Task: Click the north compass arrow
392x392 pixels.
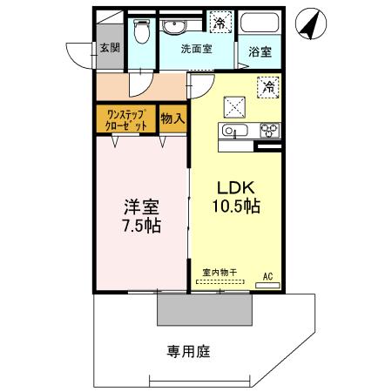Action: tap(308, 24)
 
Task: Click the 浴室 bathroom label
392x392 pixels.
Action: tap(258, 51)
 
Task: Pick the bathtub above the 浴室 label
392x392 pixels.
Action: tap(258, 24)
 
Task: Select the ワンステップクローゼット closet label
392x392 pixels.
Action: tap(127, 118)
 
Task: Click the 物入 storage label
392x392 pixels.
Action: tap(172, 118)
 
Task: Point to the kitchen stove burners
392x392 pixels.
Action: tap(268, 131)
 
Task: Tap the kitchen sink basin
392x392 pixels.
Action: tap(231, 131)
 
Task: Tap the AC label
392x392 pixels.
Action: tap(267, 277)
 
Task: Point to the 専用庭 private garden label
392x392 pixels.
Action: tap(187, 352)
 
